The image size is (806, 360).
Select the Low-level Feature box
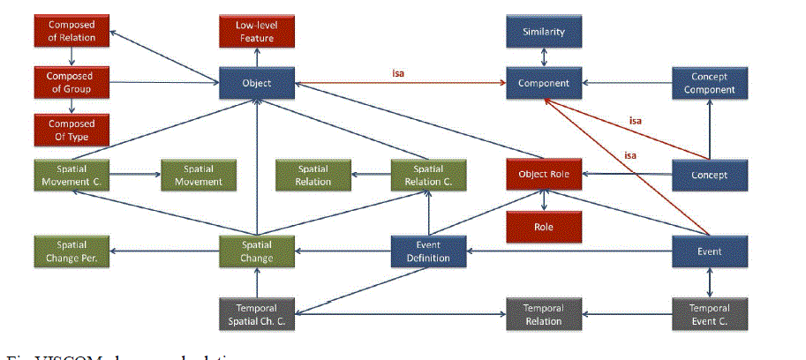pyautogui.click(x=257, y=33)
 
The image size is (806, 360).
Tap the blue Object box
pyautogui.click(x=257, y=84)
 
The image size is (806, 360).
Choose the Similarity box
pyautogui.click(x=543, y=33)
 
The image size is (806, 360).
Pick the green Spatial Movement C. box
pyautogui.click(x=72, y=175)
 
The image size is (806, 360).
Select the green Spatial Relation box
pyautogui.click(x=313, y=175)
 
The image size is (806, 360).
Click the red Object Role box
pyautogui.click(x=544, y=175)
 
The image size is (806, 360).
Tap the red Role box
pyautogui.click(x=544, y=226)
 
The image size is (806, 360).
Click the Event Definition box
pyautogui.click(x=429, y=251)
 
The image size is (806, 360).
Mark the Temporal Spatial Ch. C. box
pyautogui.click(x=257, y=314)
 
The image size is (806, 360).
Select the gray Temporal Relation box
pyautogui.click(x=543, y=314)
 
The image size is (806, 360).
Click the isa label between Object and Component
pyautogui.click(x=399, y=73)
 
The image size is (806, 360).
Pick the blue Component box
pyautogui.click(x=543, y=84)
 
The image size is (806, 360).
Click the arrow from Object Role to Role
pyautogui.click(x=544, y=200)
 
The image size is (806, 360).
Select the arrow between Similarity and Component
pyautogui.click(x=544, y=57)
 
